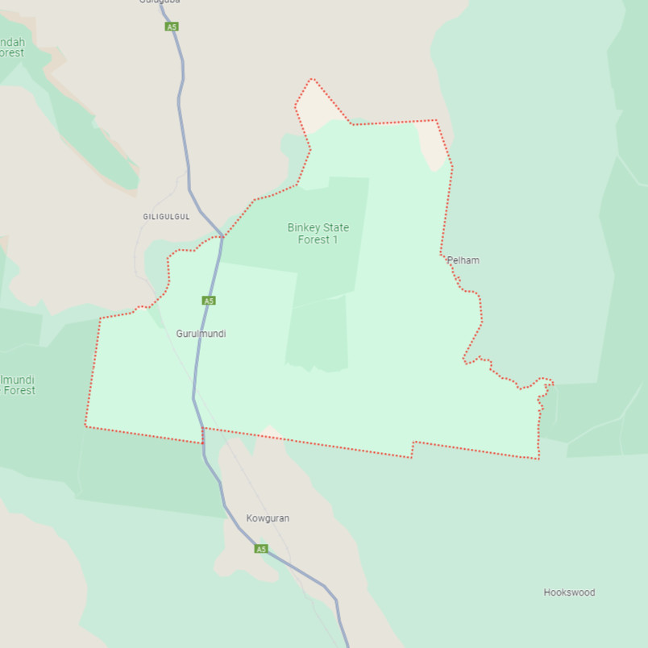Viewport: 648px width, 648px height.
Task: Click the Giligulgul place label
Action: [x=166, y=217]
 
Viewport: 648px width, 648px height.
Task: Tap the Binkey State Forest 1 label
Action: [x=318, y=234]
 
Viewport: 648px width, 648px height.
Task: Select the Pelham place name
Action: [x=463, y=260]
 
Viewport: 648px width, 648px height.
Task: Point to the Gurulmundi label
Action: [x=201, y=333]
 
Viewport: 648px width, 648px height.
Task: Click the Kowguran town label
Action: [x=268, y=518]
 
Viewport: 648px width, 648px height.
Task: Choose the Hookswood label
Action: [x=569, y=592]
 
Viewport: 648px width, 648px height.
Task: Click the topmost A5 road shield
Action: [x=171, y=27]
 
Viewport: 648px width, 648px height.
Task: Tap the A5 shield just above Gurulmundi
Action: [x=209, y=301]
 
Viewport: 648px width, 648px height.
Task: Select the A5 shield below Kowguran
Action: [x=260, y=549]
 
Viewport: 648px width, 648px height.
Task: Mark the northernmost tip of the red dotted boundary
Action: [x=311, y=79]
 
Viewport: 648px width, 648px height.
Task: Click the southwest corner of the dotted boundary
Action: [x=85, y=425]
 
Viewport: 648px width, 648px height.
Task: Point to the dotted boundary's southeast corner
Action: [x=538, y=459]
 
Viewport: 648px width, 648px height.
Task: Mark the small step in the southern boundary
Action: [x=413, y=449]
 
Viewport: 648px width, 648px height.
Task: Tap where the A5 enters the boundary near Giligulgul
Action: [x=223, y=236]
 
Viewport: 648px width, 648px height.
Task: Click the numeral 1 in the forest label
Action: [x=334, y=239]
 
